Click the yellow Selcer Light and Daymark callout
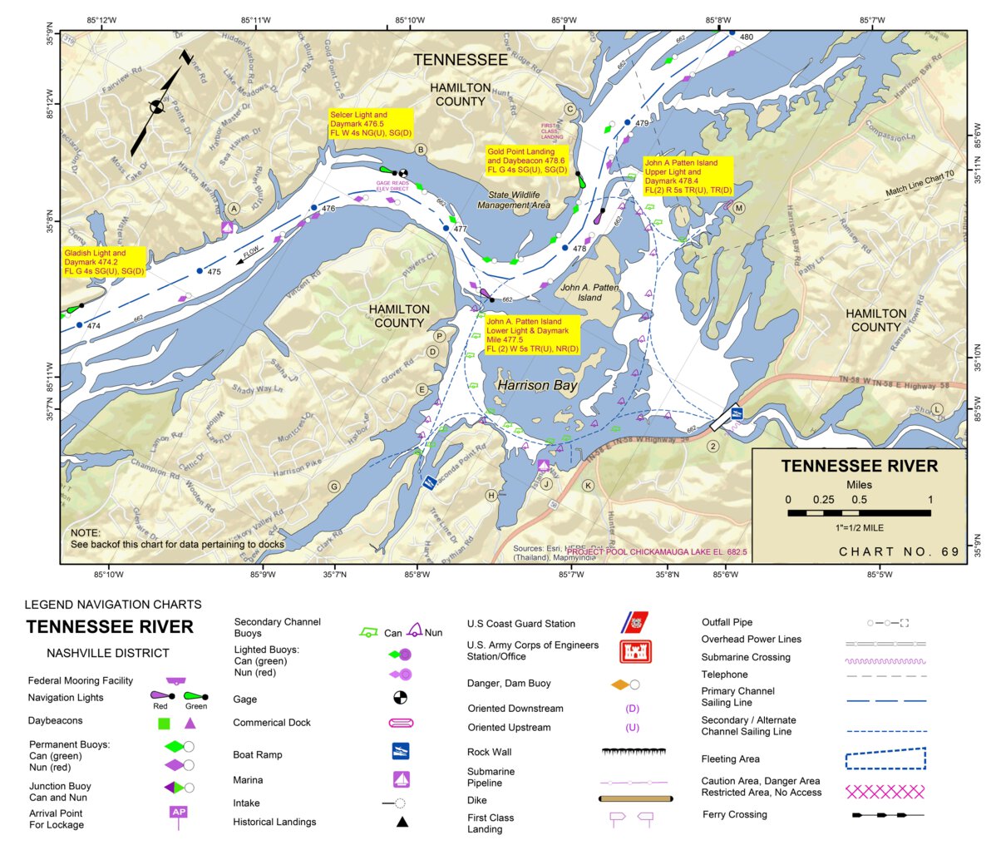point(371,124)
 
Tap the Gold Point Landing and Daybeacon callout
point(527,161)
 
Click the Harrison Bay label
point(536,386)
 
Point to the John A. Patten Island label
point(589,292)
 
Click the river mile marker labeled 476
point(328,209)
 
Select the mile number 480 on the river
point(746,37)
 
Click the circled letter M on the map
point(738,208)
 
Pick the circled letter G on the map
point(334,487)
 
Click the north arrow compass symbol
point(157,106)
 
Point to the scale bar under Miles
point(859,513)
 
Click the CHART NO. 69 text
point(899,551)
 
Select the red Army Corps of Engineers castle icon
point(635,651)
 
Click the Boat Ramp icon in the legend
point(401,751)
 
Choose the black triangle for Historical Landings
point(402,822)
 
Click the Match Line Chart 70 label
point(920,184)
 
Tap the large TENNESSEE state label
point(460,60)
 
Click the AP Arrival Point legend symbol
point(178,813)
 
